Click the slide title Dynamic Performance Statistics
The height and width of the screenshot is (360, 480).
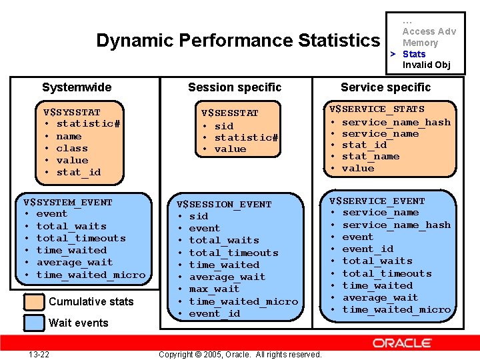(x=237, y=41)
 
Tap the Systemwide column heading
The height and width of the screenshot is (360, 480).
(x=77, y=87)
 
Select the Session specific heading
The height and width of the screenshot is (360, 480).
(x=235, y=87)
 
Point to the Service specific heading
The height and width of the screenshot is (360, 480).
(x=385, y=87)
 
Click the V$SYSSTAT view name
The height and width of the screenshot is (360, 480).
(x=71, y=112)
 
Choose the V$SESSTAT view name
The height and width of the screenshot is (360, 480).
(x=229, y=113)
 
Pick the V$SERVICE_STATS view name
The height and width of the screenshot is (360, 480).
(x=377, y=109)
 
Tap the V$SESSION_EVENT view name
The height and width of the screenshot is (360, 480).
(x=224, y=204)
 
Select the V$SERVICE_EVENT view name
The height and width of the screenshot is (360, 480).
(x=378, y=201)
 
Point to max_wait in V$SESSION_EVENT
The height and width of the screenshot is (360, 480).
(x=214, y=289)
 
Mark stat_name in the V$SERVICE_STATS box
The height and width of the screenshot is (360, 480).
(x=371, y=156)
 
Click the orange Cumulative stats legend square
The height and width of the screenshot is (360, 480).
(x=33, y=301)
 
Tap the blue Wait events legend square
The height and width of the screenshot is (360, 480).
(x=33, y=323)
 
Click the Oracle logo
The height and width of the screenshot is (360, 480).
(x=411, y=343)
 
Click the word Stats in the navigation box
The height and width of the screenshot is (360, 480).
(x=414, y=54)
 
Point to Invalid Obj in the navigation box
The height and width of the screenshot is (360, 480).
(x=427, y=65)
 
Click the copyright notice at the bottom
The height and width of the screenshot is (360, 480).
(x=240, y=354)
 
